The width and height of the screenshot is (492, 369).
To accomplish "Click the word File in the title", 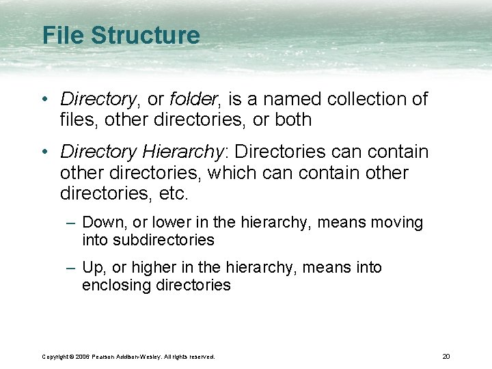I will click(x=64, y=36).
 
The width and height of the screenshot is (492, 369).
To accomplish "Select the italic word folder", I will click(x=193, y=99).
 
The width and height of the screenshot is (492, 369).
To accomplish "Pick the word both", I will click(x=293, y=120).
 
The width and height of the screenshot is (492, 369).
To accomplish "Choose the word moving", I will click(x=398, y=223).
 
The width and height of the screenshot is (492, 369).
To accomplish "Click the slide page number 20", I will click(x=446, y=356).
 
